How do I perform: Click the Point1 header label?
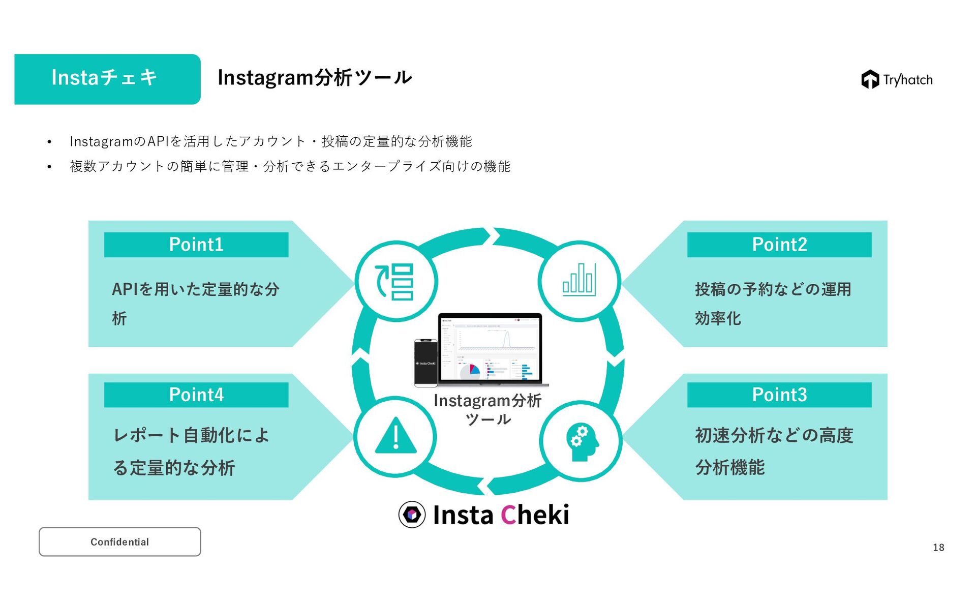(x=196, y=245)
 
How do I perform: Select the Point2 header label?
(x=779, y=245)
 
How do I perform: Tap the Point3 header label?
(x=779, y=395)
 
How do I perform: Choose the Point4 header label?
(x=196, y=395)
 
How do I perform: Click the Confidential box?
(x=120, y=542)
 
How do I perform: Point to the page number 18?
(x=938, y=548)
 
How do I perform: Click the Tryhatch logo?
(x=897, y=79)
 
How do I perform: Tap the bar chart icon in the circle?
(x=579, y=280)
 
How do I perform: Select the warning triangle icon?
(x=395, y=436)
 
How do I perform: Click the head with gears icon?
(x=582, y=441)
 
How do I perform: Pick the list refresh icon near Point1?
(x=394, y=282)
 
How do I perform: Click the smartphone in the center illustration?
(x=426, y=363)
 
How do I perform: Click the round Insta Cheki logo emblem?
(x=412, y=515)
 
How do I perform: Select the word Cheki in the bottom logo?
(x=535, y=515)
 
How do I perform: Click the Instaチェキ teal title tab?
(x=107, y=79)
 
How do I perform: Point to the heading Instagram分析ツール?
(x=315, y=77)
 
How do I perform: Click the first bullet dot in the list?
(x=49, y=142)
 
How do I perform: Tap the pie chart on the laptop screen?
(x=470, y=372)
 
